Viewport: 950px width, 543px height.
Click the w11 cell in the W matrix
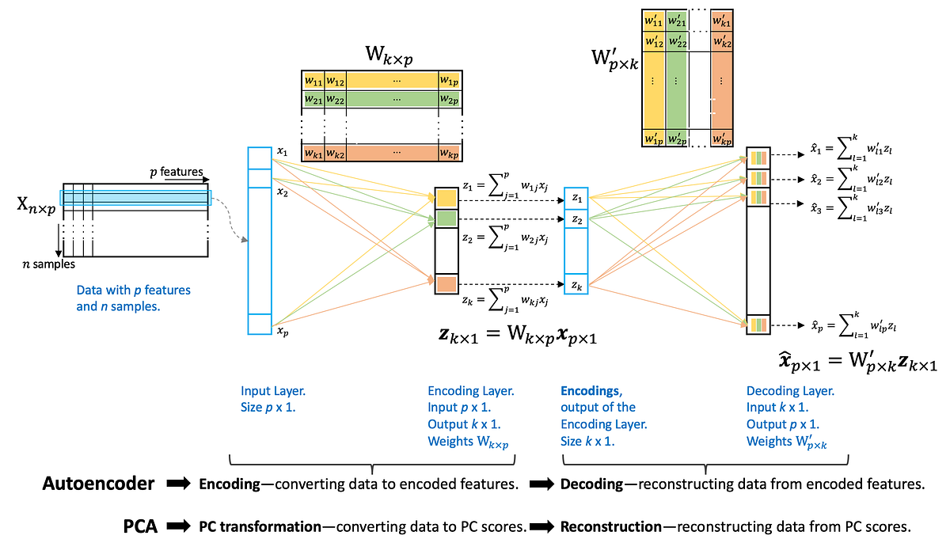click(313, 81)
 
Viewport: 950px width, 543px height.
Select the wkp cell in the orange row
click(449, 152)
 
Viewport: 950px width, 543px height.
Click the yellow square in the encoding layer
click(446, 197)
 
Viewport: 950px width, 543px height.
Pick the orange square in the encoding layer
click(446, 283)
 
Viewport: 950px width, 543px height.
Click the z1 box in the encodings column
click(576, 198)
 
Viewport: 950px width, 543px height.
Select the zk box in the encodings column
click(576, 283)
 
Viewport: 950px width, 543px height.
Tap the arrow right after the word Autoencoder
click(178, 484)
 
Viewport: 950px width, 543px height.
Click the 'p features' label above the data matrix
click(177, 172)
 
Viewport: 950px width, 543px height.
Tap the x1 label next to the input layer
click(283, 150)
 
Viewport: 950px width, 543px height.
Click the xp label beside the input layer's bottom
click(283, 332)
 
